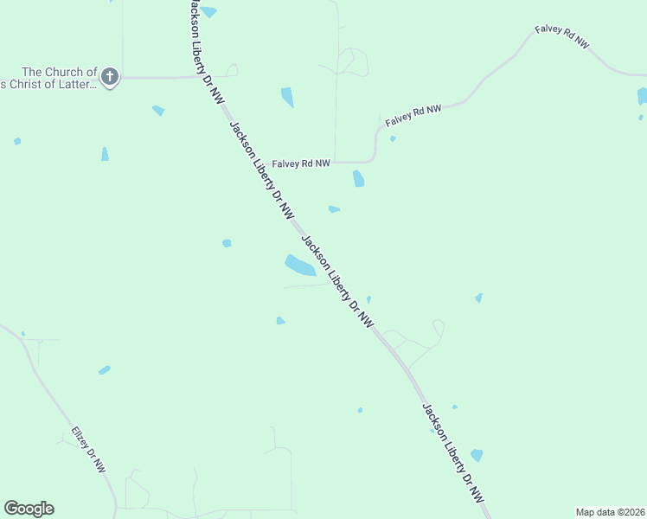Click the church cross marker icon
pos(109,77)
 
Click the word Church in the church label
pos(72,72)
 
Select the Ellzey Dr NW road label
pos(88,449)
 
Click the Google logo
pos(29,509)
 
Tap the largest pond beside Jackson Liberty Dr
pos(299,266)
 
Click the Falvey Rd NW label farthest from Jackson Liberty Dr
pos(561,36)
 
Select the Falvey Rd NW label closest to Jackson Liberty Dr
pos(301,163)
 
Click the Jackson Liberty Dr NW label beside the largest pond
pos(337,281)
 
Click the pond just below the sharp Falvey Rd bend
pos(358,179)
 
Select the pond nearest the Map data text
pos(476,455)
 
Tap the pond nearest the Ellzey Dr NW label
pos(105,370)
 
